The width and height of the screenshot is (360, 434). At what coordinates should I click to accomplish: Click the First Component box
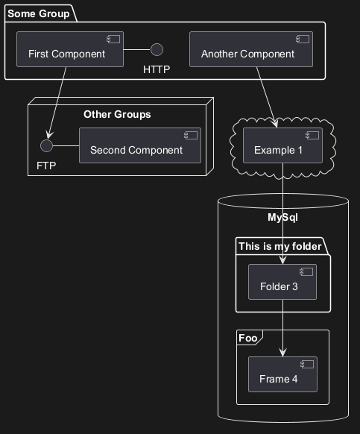(70, 49)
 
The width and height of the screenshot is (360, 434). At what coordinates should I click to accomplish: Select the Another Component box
(251, 49)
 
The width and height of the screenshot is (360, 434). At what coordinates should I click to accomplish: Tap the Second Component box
(140, 145)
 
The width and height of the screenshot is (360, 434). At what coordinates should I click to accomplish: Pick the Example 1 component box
(282, 145)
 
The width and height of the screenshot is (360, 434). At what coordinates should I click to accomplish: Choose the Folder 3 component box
(282, 282)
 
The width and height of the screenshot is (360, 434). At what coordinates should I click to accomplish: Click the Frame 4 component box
(282, 374)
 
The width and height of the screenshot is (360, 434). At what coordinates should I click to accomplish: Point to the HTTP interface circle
(157, 49)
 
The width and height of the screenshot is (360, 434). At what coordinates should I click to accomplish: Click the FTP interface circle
(46, 145)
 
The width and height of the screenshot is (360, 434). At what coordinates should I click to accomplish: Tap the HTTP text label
(157, 69)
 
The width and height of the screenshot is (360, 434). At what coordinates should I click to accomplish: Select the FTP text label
(46, 166)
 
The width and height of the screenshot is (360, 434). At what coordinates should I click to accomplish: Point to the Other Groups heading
(117, 114)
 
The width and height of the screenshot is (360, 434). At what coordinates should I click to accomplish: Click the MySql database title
(282, 217)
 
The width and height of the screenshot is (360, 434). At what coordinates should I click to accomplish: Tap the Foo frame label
(248, 338)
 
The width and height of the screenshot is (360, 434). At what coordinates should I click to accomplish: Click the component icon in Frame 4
(307, 364)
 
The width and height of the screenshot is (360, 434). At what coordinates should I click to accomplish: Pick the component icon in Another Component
(303, 39)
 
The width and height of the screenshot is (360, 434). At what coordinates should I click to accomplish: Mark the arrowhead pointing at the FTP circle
(50, 134)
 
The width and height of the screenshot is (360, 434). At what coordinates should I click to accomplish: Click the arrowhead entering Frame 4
(282, 353)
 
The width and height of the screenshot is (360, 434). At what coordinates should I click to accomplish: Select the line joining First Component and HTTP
(137, 49)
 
